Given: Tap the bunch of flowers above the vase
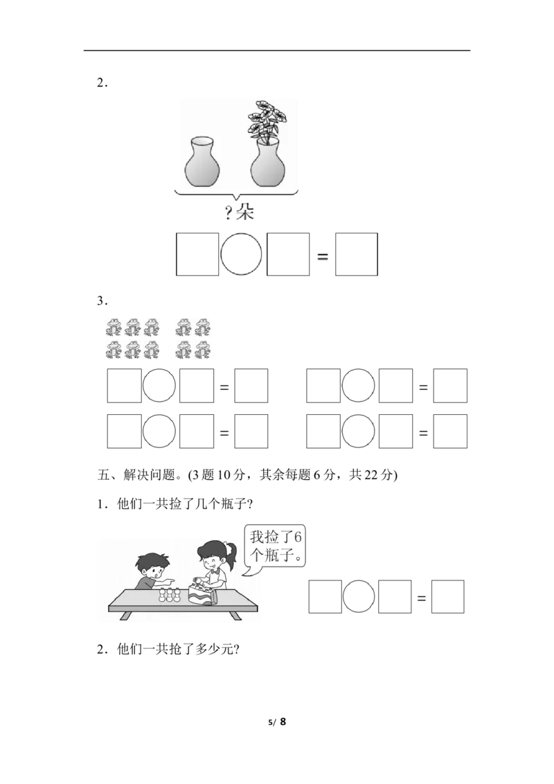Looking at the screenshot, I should click(265, 119).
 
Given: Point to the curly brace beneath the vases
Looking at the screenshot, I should click(236, 195).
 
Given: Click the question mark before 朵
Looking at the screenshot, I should click(227, 212).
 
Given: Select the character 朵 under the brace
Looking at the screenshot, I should click(245, 212).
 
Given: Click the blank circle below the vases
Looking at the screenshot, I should click(242, 253).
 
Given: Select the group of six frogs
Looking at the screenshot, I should click(133, 338).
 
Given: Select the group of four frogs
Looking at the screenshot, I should click(193, 338).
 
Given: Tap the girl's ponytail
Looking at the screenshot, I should click(232, 554).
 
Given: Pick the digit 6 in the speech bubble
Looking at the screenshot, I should click(298, 537).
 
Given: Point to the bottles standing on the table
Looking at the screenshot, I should click(170, 594).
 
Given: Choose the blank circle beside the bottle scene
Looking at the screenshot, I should click(359, 596).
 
